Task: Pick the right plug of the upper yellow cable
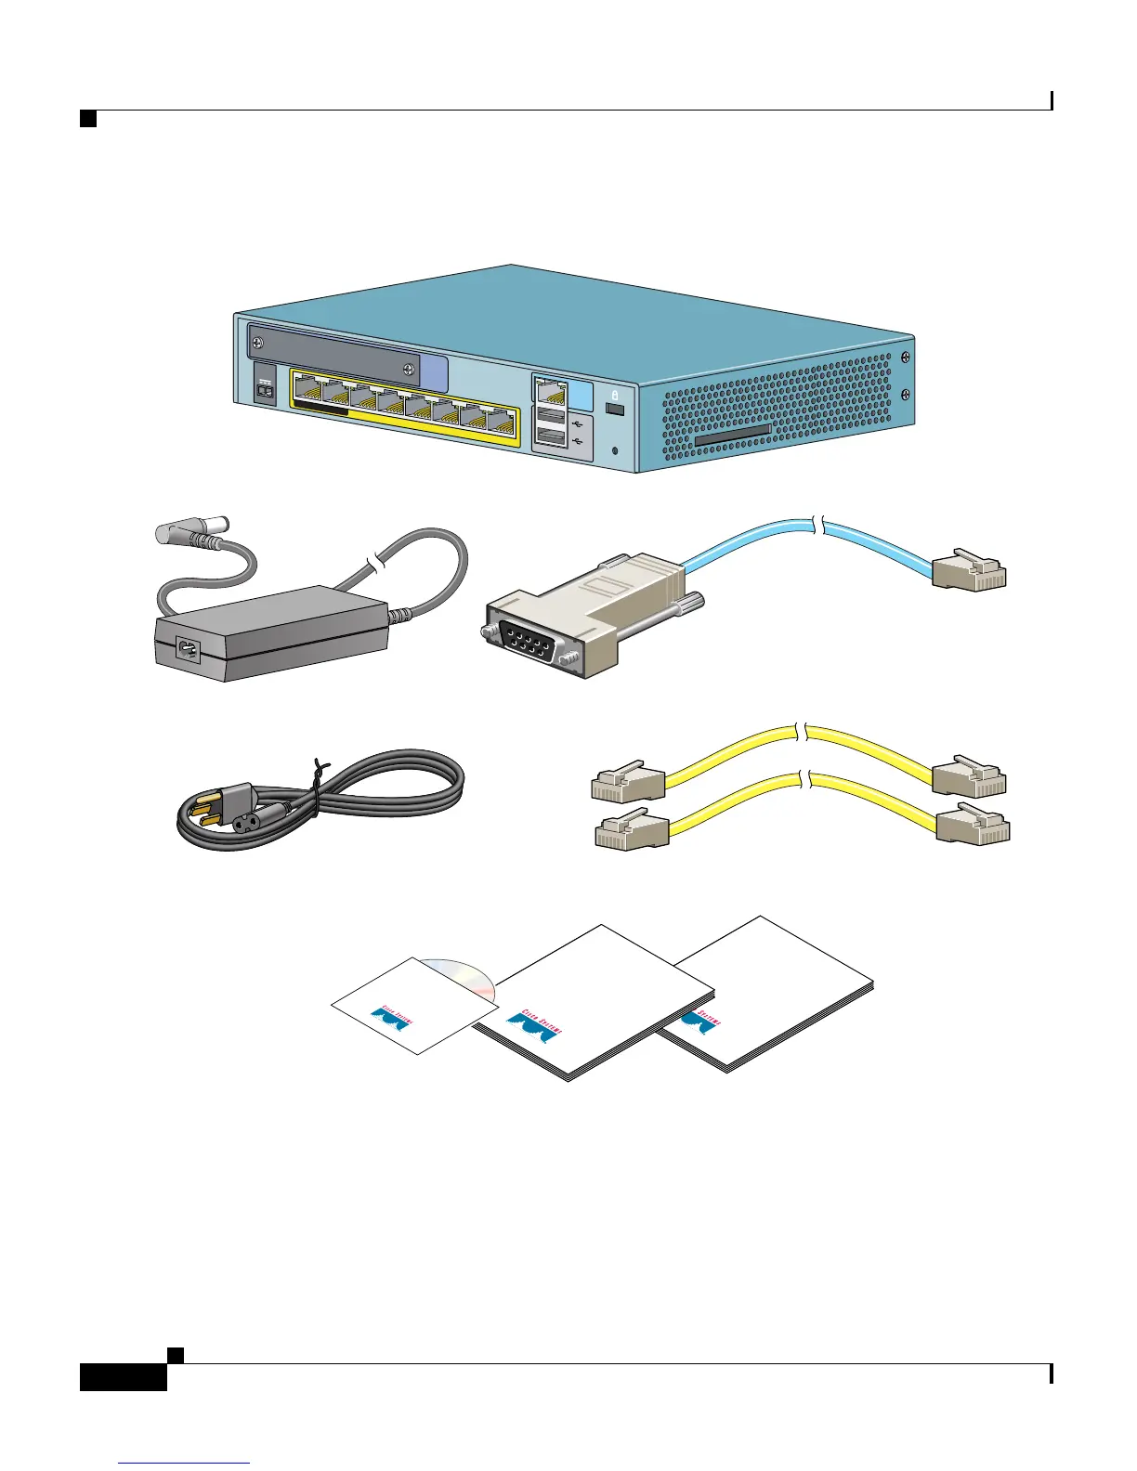969,777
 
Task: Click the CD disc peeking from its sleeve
465,976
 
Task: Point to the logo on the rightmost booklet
699,1019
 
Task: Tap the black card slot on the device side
733,435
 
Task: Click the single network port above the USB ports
549,389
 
